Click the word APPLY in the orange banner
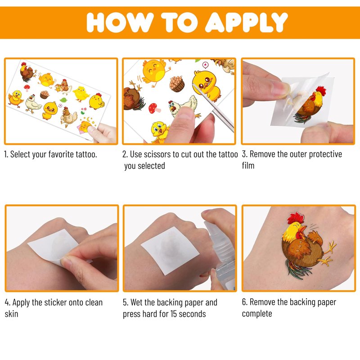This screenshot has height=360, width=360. [x=246, y=22]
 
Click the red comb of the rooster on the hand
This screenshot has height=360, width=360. [x=296, y=218]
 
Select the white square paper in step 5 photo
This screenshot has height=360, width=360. [x=170, y=250]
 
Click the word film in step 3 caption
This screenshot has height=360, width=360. [x=248, y=166]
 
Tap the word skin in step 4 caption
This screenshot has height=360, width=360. [x=11, y=314]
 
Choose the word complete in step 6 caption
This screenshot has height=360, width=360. [x=257, y=314]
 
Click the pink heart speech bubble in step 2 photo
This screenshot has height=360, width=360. [x=205, y=65]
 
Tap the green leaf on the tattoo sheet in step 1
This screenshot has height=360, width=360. [x=63, y=100]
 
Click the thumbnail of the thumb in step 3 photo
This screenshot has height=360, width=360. [x=281, y=88]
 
